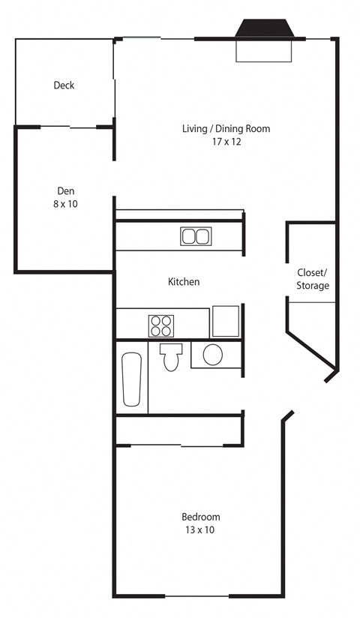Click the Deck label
[x=64, y=85]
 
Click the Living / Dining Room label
[x=226, y=129]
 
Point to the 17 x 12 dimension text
[x=226, y=142]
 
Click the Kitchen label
[x=183, y=282]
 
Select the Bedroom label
[x=201, y=517]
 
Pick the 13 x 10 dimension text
[x=201, y=530]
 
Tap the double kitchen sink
[x=195, y=236]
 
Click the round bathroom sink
[x=212, y=354]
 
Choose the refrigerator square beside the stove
[x=225, y=321]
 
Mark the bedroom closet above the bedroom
[x=178, y=430]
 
